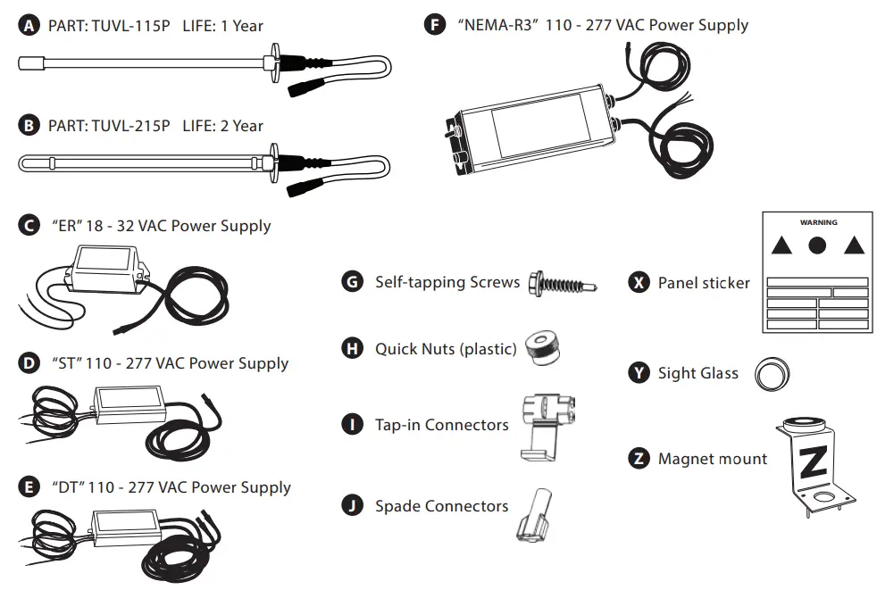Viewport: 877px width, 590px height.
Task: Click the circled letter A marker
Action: pos(29,27)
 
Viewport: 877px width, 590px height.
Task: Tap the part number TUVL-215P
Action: pos(130,126)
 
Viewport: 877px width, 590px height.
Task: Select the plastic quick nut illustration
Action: pos(542,345)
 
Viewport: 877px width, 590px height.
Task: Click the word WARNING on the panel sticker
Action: pos(818,221)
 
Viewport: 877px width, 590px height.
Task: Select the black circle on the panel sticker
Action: pos(817,245)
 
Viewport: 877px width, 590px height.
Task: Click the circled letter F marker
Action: pos(434,24)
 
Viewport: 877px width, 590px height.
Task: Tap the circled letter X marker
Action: pos(639,282)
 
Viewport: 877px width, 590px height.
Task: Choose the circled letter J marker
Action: pos(353,506)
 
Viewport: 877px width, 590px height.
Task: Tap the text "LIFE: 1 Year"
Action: pos(222,27)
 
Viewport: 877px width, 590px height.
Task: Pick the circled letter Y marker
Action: pos(639,373)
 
